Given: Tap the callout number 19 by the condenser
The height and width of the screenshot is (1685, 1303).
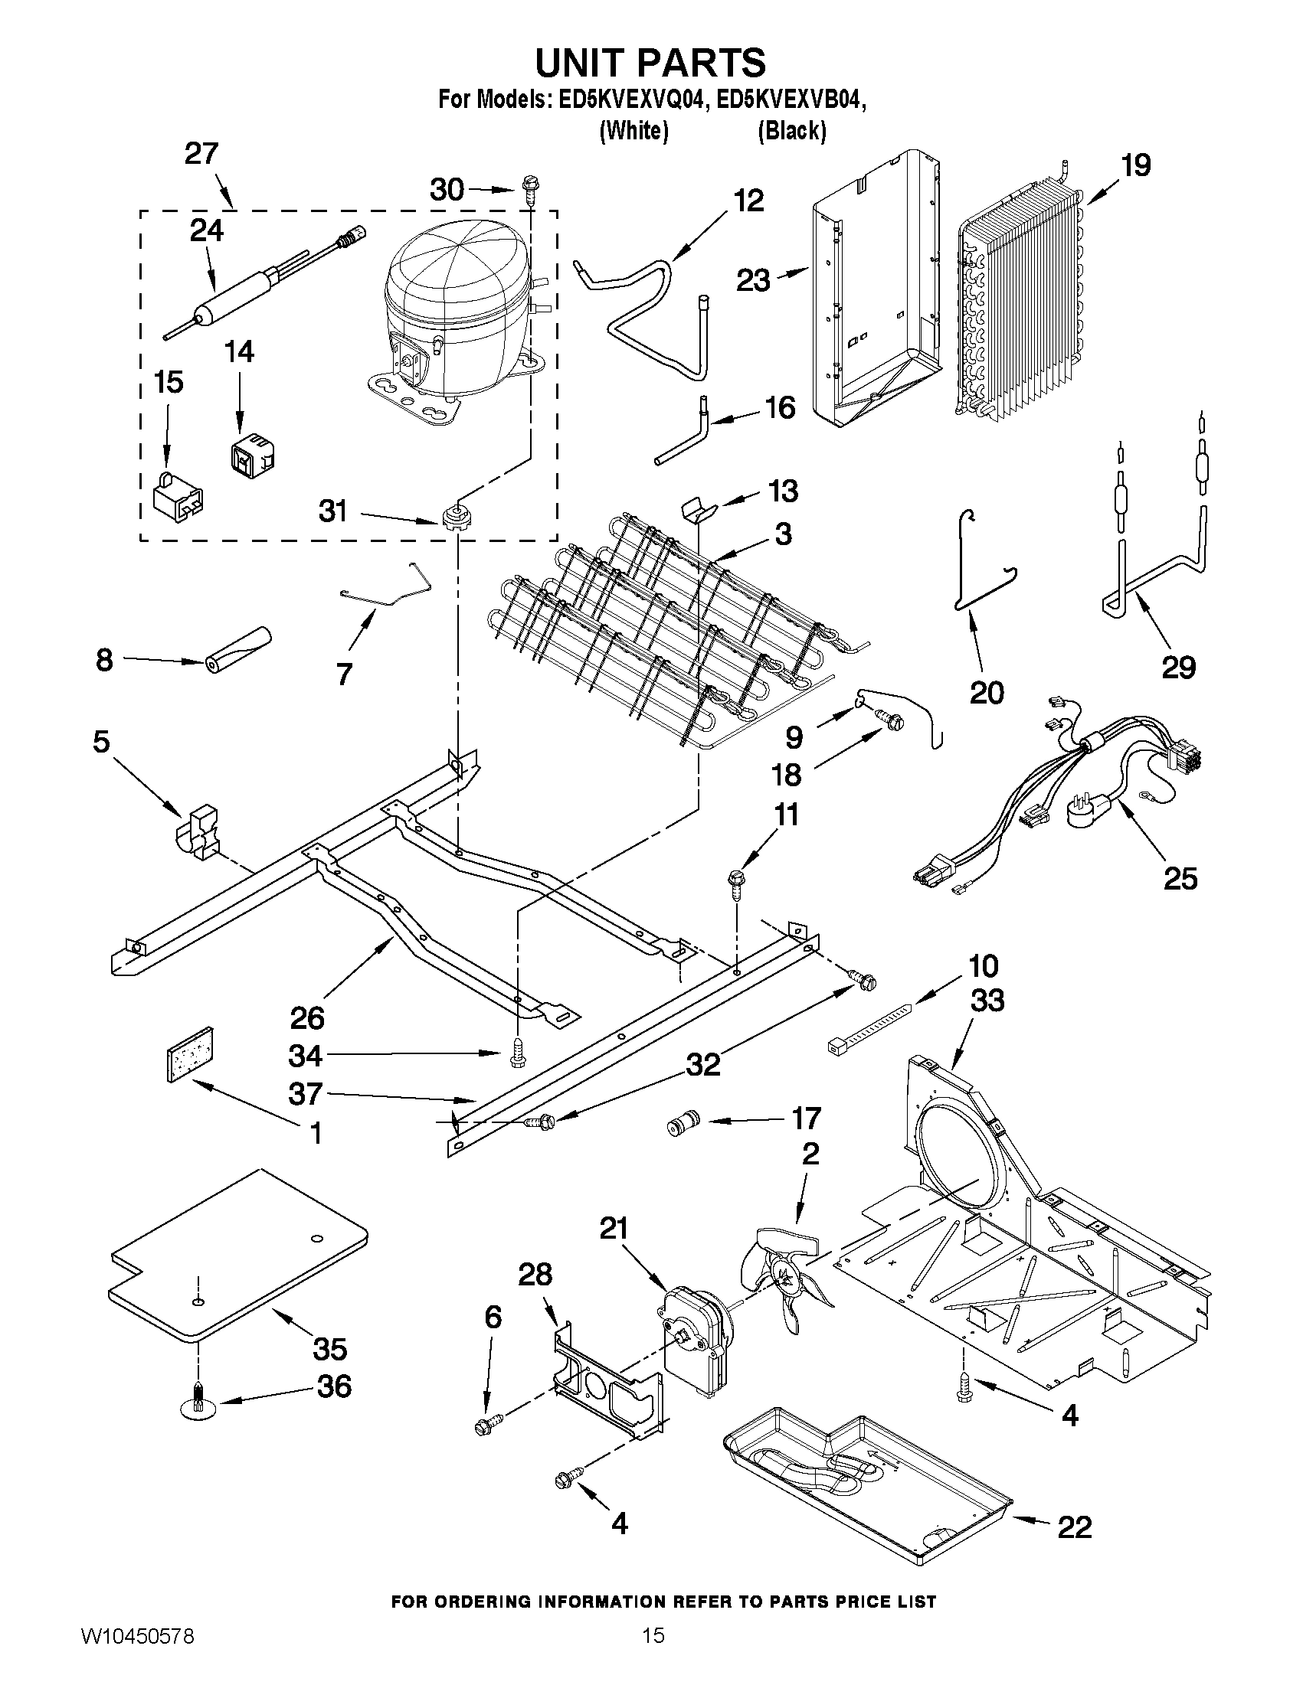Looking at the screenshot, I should click(1135, 165).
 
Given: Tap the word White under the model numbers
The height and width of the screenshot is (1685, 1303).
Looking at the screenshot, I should click(633, 131).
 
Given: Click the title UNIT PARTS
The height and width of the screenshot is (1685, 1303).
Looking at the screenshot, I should click(650, 63).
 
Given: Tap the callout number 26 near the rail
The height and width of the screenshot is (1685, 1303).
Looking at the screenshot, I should click(306, 1017).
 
